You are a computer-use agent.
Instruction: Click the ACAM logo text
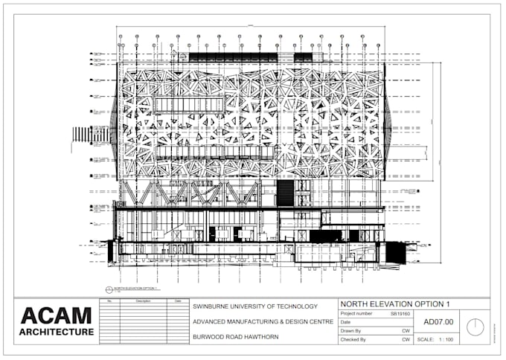(x=57, y=315)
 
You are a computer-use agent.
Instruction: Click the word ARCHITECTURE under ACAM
(x=57, y=332)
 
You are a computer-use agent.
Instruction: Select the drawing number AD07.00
(x=437, y=322)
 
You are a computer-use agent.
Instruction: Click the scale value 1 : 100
(x=446, y=339)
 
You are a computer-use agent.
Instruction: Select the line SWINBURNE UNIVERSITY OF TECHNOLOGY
(x=255, y=306)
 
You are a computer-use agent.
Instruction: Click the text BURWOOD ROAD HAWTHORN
(x=235, y=337)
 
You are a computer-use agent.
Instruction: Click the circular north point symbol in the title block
(x=473, y=327)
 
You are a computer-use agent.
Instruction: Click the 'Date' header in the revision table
(x=177, y=301)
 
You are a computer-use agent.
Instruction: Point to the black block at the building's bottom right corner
(x=394, y=253)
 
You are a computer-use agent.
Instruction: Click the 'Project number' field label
(x=360, y=315)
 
